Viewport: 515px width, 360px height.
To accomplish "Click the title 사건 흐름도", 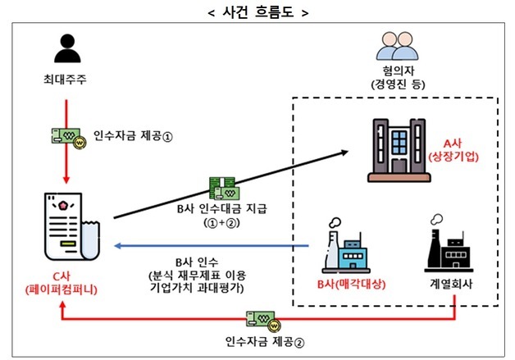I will pos(257,11).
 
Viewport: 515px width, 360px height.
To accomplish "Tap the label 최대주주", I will pos(70,82).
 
